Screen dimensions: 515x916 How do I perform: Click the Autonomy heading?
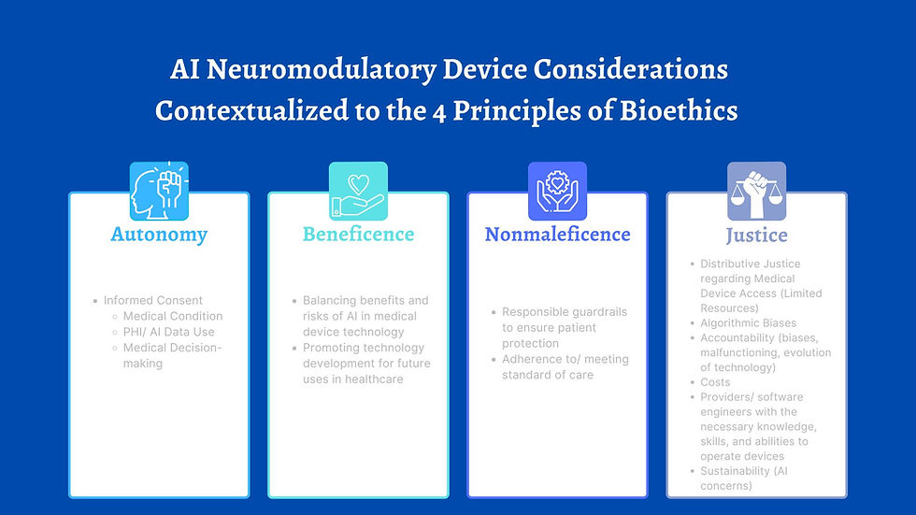point(158,234)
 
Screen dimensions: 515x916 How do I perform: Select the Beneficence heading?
point(358,234)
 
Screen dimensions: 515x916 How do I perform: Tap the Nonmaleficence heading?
point(557,234)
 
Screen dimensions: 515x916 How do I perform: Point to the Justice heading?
point(756,235)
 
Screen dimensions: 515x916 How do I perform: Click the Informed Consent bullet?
point(152,300)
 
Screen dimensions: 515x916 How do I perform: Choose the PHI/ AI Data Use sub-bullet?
point(168,332)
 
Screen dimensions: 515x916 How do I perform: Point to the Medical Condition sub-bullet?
point(173,316)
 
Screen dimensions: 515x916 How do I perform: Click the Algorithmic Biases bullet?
point(748,322)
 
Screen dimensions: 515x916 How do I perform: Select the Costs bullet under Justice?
point(715,382)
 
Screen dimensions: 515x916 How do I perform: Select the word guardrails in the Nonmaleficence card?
point(597,311)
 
